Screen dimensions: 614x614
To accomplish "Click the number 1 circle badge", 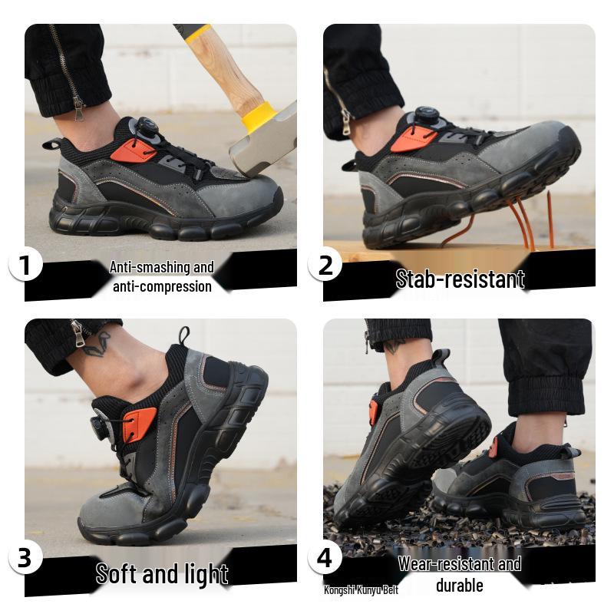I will [25, 266].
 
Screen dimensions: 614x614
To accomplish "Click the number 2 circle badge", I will [325, 266].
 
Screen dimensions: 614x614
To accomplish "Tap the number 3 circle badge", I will [25, 558].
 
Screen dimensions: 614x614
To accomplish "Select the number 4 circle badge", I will [325, 558].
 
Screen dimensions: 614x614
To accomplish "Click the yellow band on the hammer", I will [259, 117].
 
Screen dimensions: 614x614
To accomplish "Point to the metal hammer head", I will [265, 142].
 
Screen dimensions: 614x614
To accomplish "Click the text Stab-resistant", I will [460, 279].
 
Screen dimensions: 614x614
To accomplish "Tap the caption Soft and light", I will [162, 573].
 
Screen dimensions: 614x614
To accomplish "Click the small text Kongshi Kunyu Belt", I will [361, 589].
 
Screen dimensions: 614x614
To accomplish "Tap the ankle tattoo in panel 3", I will [97, 343].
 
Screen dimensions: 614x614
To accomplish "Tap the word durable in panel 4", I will [459, 586].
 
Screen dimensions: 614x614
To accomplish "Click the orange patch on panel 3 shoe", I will [140, 424].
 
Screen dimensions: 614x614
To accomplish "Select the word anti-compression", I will [162, 286].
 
